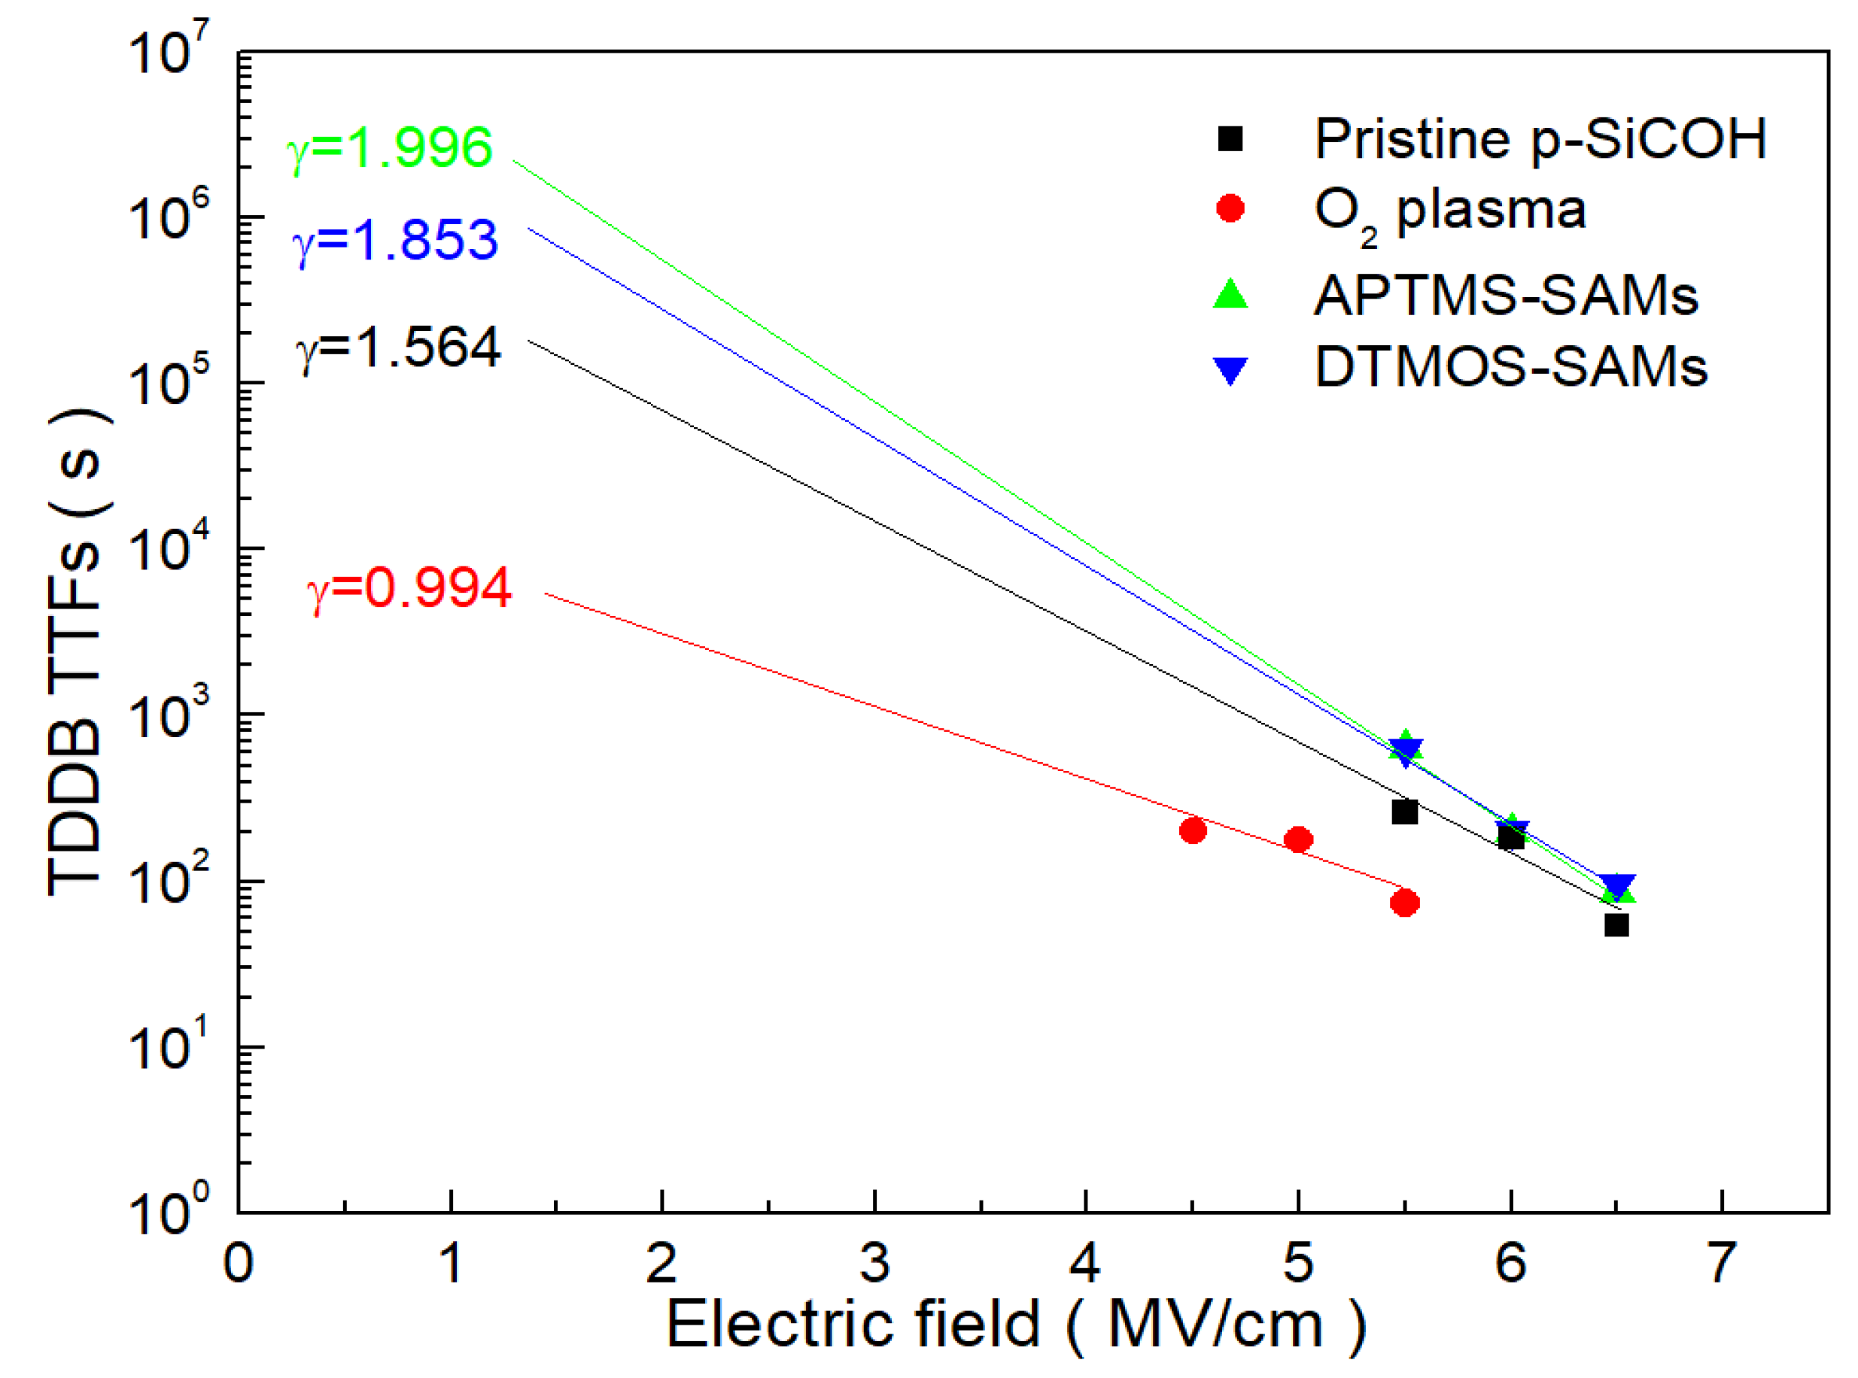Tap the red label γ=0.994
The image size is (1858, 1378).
[x=409, y=588]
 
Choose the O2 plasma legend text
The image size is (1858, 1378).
[x=1449, y=211]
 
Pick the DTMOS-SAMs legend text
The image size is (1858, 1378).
[x=1511, y=366]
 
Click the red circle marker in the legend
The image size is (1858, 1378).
[x=1230, y=208]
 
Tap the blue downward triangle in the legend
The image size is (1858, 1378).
[x=1230, y=369]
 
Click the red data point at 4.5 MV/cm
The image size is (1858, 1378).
[x=1193, y=830]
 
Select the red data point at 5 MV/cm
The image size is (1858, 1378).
[x=1298, y=839]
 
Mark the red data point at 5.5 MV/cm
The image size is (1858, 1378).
[x=1405, y=903]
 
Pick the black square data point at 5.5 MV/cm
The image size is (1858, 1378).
[x=1405, y=812]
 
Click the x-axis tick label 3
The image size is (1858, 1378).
[x=874, y=1263]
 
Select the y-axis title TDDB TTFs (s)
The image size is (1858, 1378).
[x=77, y=651]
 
